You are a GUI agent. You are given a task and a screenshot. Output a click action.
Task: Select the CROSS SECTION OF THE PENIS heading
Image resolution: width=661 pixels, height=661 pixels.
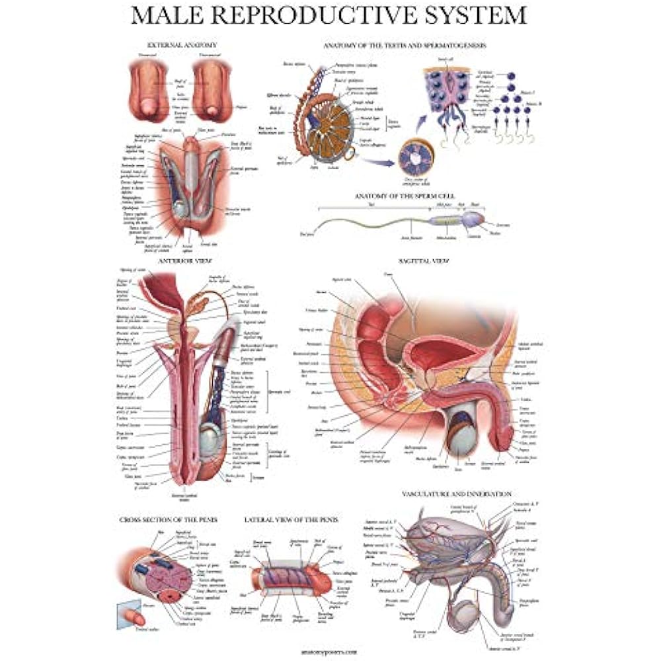click(169, 519)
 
